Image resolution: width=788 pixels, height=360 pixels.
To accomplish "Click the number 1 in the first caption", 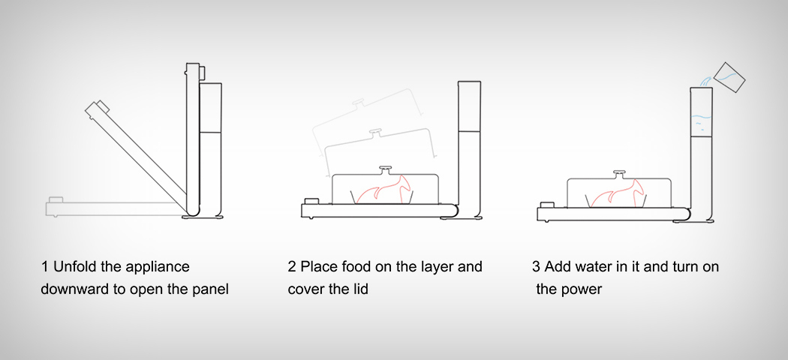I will tap(45, 267).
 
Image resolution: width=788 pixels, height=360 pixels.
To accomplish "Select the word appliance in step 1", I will tap(157, 268).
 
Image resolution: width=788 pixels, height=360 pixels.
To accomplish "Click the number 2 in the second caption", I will tap(292, 267).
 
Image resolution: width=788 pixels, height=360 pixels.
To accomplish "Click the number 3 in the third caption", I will tap(536, 267).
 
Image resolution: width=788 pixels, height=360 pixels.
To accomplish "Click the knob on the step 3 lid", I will tap(620, 173).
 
